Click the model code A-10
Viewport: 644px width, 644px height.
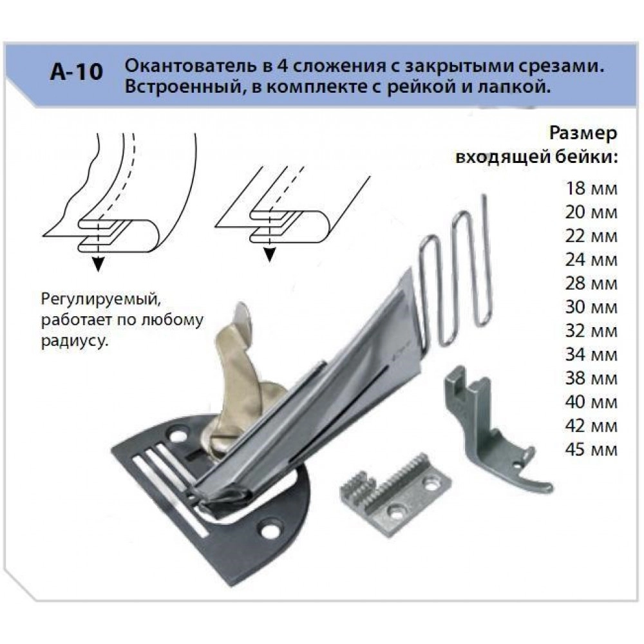tap(77, 72)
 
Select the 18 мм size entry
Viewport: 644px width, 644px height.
tap(591, 189)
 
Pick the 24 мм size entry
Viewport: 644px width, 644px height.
tap(591, 260)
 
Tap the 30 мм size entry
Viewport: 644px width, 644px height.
tap(591, 307)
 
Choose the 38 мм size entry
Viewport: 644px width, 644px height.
tap(591, 378)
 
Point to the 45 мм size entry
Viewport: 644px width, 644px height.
tap(591, 450)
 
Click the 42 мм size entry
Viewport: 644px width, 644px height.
tap(591, 426)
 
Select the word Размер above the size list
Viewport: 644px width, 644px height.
tap(583, 135)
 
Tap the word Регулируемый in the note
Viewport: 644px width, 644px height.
tap(100, 299)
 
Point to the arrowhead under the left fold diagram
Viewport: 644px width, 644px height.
tap(98, 263)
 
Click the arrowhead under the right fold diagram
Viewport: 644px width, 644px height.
tap(269, 255)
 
